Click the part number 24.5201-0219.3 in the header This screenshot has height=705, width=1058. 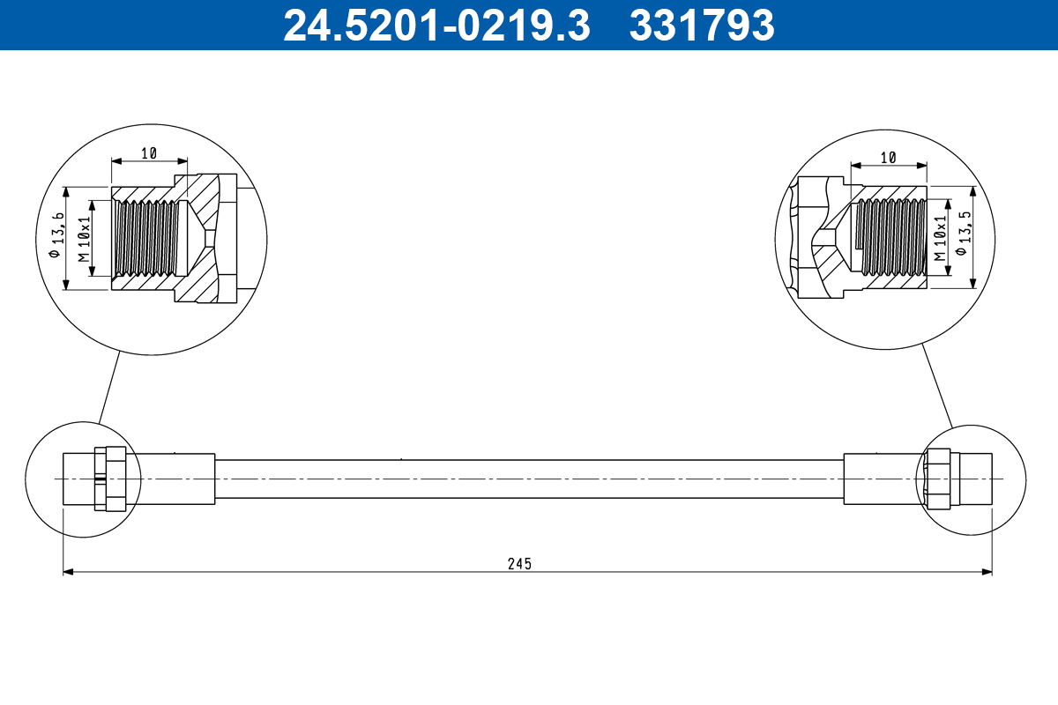coord(436,25)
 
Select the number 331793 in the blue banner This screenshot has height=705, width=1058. coord(701,25)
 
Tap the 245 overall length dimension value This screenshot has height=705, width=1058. coord(520,564)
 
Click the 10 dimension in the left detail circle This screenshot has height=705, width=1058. coord(148,153)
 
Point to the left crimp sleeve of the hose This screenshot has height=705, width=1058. coord(172,479)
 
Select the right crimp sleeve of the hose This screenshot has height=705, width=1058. coord(882,479)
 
